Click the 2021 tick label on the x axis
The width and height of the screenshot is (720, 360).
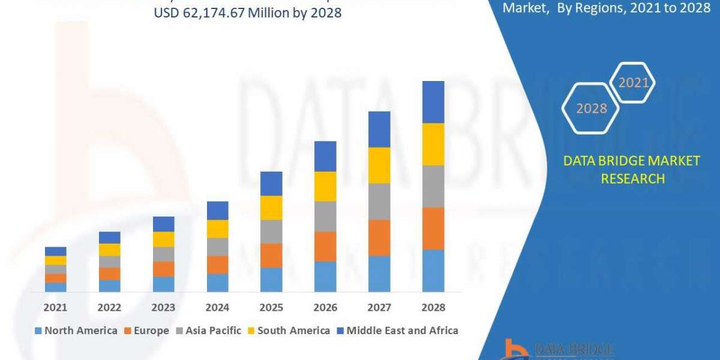(x=55, y=307)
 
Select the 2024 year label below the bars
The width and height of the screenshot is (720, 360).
(x=217, y=307)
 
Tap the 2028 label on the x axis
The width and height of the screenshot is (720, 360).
(x=433, y=307)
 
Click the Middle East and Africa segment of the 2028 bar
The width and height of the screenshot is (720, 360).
(x=433, y=102)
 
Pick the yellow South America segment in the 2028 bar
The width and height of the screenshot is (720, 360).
(x=433, y=144)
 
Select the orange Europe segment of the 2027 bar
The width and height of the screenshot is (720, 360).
(x=379, y=238)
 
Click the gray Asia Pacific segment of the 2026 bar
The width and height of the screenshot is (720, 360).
(x=325, y=216)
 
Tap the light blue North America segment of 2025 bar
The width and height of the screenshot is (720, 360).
(x=271, y=280)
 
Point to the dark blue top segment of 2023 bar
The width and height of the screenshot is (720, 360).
(x=163, y=224)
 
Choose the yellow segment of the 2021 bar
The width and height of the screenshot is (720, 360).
(x=55, y=260)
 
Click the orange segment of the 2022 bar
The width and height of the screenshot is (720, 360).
(x=109, y=274)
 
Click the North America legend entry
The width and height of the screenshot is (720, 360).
(x=76, y=330)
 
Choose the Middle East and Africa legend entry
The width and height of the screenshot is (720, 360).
(x=397, y=330)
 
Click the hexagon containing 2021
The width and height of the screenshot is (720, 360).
(x=632, y=83)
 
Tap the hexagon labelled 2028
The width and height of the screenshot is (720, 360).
(x=590, y=109)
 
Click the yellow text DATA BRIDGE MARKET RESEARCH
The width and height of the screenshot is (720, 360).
(x=632, y=169)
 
